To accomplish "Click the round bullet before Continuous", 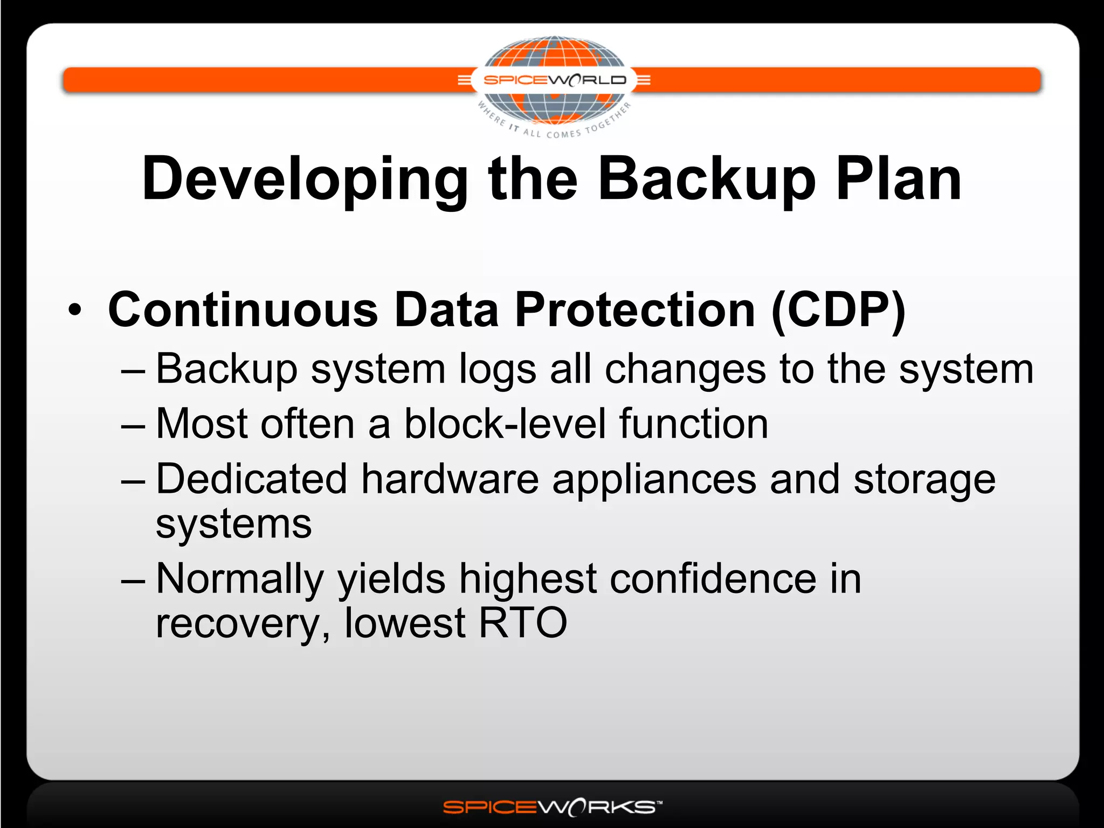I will pyautogui.click(x=75, y=310).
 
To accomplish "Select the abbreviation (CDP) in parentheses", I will pyautogui.click(x=838, y=310).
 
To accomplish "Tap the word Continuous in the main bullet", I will pyautogui.click(x=243, y=310).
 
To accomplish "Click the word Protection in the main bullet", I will pyautogui.click(x=635, y=310).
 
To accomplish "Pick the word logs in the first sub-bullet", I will pyautogui.click(x=498, y=370).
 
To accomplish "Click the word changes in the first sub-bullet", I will pyautogui.click(x=685, y=370).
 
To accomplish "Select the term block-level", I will pyautogui.click(x=504, y=424).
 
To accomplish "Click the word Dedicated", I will pyautogui.click(x=251, y=479).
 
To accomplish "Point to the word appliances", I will pyautogui.click(x=654, y=479).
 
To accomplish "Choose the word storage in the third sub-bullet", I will pyautogui.click(x=924, y=479).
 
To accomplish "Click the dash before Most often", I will pyautogui.click(x=133, y=426).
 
